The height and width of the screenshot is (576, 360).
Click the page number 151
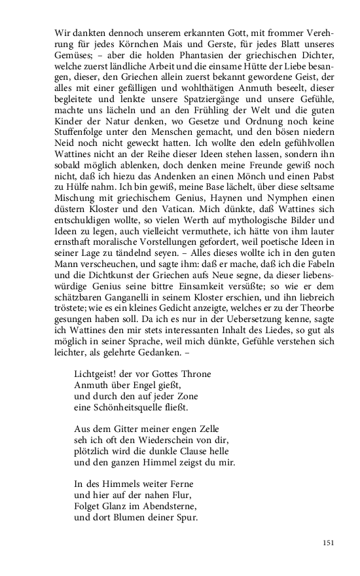point(329,543)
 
